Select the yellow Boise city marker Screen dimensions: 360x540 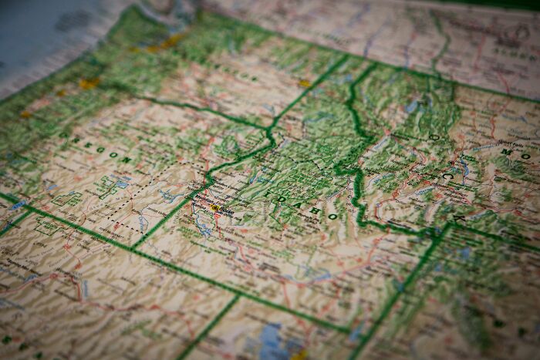pos(215,208)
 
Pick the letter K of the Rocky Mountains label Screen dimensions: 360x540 pos(461,219)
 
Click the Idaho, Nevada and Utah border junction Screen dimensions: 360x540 pos(238,294)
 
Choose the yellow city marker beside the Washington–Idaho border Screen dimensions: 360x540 pos(304,83)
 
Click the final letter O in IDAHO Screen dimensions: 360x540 pos(332,217)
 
